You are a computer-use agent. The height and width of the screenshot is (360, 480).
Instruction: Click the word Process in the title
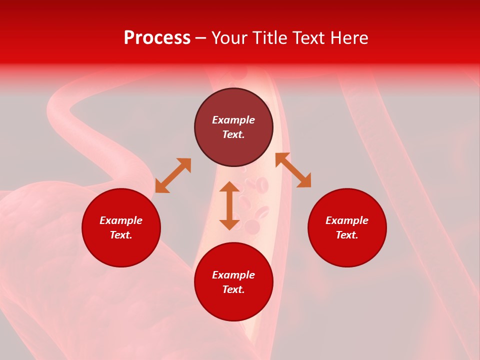(x=157, y=38)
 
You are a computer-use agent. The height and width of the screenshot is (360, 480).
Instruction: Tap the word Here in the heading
(x=348, y=38)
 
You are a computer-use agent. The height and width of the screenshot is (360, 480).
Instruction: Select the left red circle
(x=121, y=250)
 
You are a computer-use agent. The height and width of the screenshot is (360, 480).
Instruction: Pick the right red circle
(x=347, y=250)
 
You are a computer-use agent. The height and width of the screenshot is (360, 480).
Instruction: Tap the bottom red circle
(x=233, y=305)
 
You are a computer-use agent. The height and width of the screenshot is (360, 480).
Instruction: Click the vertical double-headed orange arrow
(x=229, y=205)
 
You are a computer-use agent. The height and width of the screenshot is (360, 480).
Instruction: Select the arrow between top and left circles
(x=173, y=175)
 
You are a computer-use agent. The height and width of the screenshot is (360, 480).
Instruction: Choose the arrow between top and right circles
(x=293, y=170)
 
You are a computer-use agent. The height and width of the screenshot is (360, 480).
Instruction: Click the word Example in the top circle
(x=233, y=120)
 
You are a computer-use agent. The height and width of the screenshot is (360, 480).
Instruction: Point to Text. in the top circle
(x=233, y=134)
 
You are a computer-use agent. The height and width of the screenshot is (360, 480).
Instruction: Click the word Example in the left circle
(x=121, y=220)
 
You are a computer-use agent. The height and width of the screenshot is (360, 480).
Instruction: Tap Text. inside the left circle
(x=121, y=235)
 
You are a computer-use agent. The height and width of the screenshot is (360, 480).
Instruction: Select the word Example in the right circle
(x=347, y=220)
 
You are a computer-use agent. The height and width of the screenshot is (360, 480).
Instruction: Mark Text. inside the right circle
(x=347, y=235)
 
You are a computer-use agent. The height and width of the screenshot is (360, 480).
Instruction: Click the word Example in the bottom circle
(x=233, y=275)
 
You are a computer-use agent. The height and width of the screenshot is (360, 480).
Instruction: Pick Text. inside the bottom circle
(x=233, y=289)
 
